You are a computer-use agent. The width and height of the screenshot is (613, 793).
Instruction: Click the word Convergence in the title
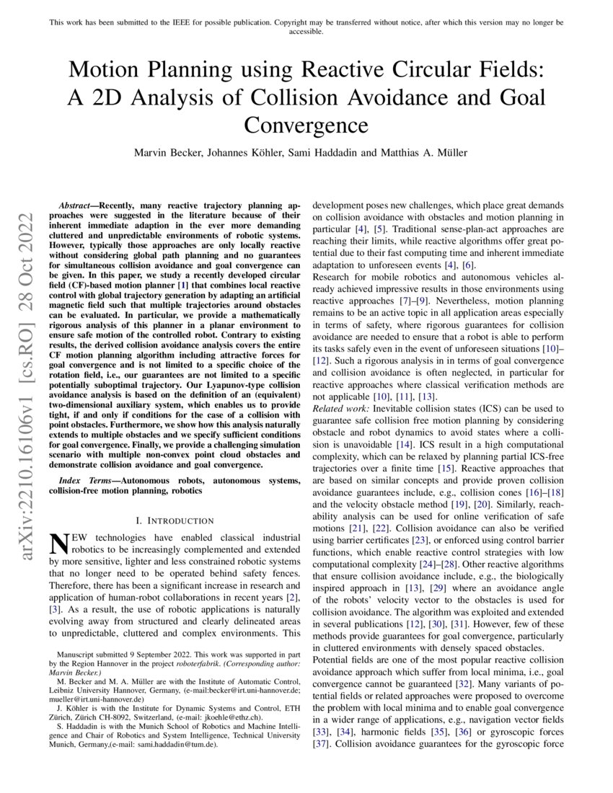point(306,125)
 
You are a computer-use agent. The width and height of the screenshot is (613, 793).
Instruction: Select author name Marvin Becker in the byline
point(167,153)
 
